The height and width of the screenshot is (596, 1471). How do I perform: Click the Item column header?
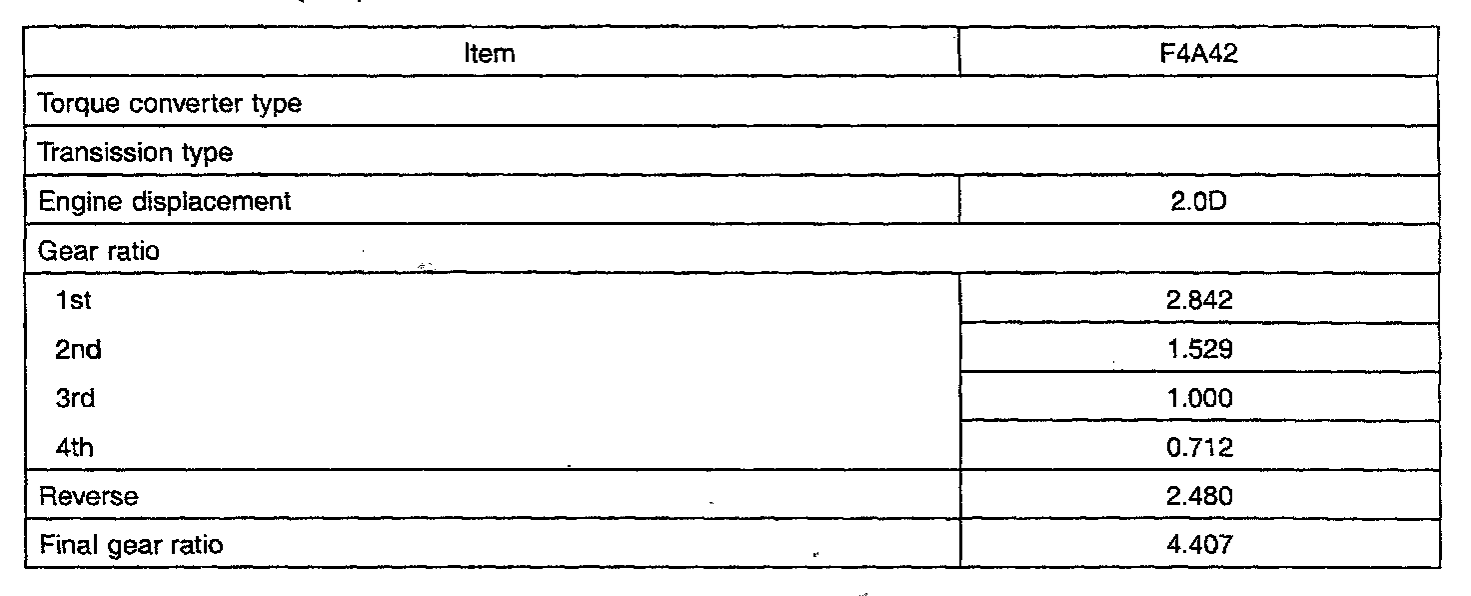pyautogui.click(x=490, y=54)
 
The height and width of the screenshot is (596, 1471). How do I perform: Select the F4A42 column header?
pyautogui.click(x=1199, y=54)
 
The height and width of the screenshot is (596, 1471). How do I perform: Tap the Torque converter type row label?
pyautogui.click(x=169, y=103)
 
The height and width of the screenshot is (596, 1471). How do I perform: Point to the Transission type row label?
pyautogui.click(x=135, y=152)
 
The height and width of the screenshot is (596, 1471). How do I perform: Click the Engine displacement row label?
pyautogui.click(x=164, y=201)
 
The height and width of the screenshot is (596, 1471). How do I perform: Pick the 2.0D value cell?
pyautogui.click(x=1199, y=201)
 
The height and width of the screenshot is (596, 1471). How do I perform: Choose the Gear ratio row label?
pyautogui.click(x=98, y=250)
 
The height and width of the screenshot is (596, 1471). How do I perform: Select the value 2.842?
pyautogui.click(x=1199, y=300)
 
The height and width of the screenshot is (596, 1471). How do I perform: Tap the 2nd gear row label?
pyautogui.click(x=79, y=349)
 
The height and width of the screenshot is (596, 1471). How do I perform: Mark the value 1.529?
pyautogui.click(x=1199, y=349)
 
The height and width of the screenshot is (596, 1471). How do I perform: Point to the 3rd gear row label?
pyautogui.click(x=77, y=398)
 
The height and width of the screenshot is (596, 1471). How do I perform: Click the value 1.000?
pyautogui.click(x=1199, y=398)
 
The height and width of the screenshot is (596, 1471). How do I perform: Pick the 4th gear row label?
pyautogui.click(x=76, y=447)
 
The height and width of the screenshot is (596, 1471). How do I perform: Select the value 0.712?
pyautogui.click(x=1199, y=447)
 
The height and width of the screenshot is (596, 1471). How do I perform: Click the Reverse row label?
pyautogui.click(x=88, y=496)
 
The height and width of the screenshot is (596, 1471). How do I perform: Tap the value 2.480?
pyautogui.click(x=1199, y=496)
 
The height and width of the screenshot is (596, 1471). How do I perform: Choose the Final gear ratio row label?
pyautogui.click(x=130, y=545)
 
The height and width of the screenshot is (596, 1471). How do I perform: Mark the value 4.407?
pyautogui.click(x=1199, y=545)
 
